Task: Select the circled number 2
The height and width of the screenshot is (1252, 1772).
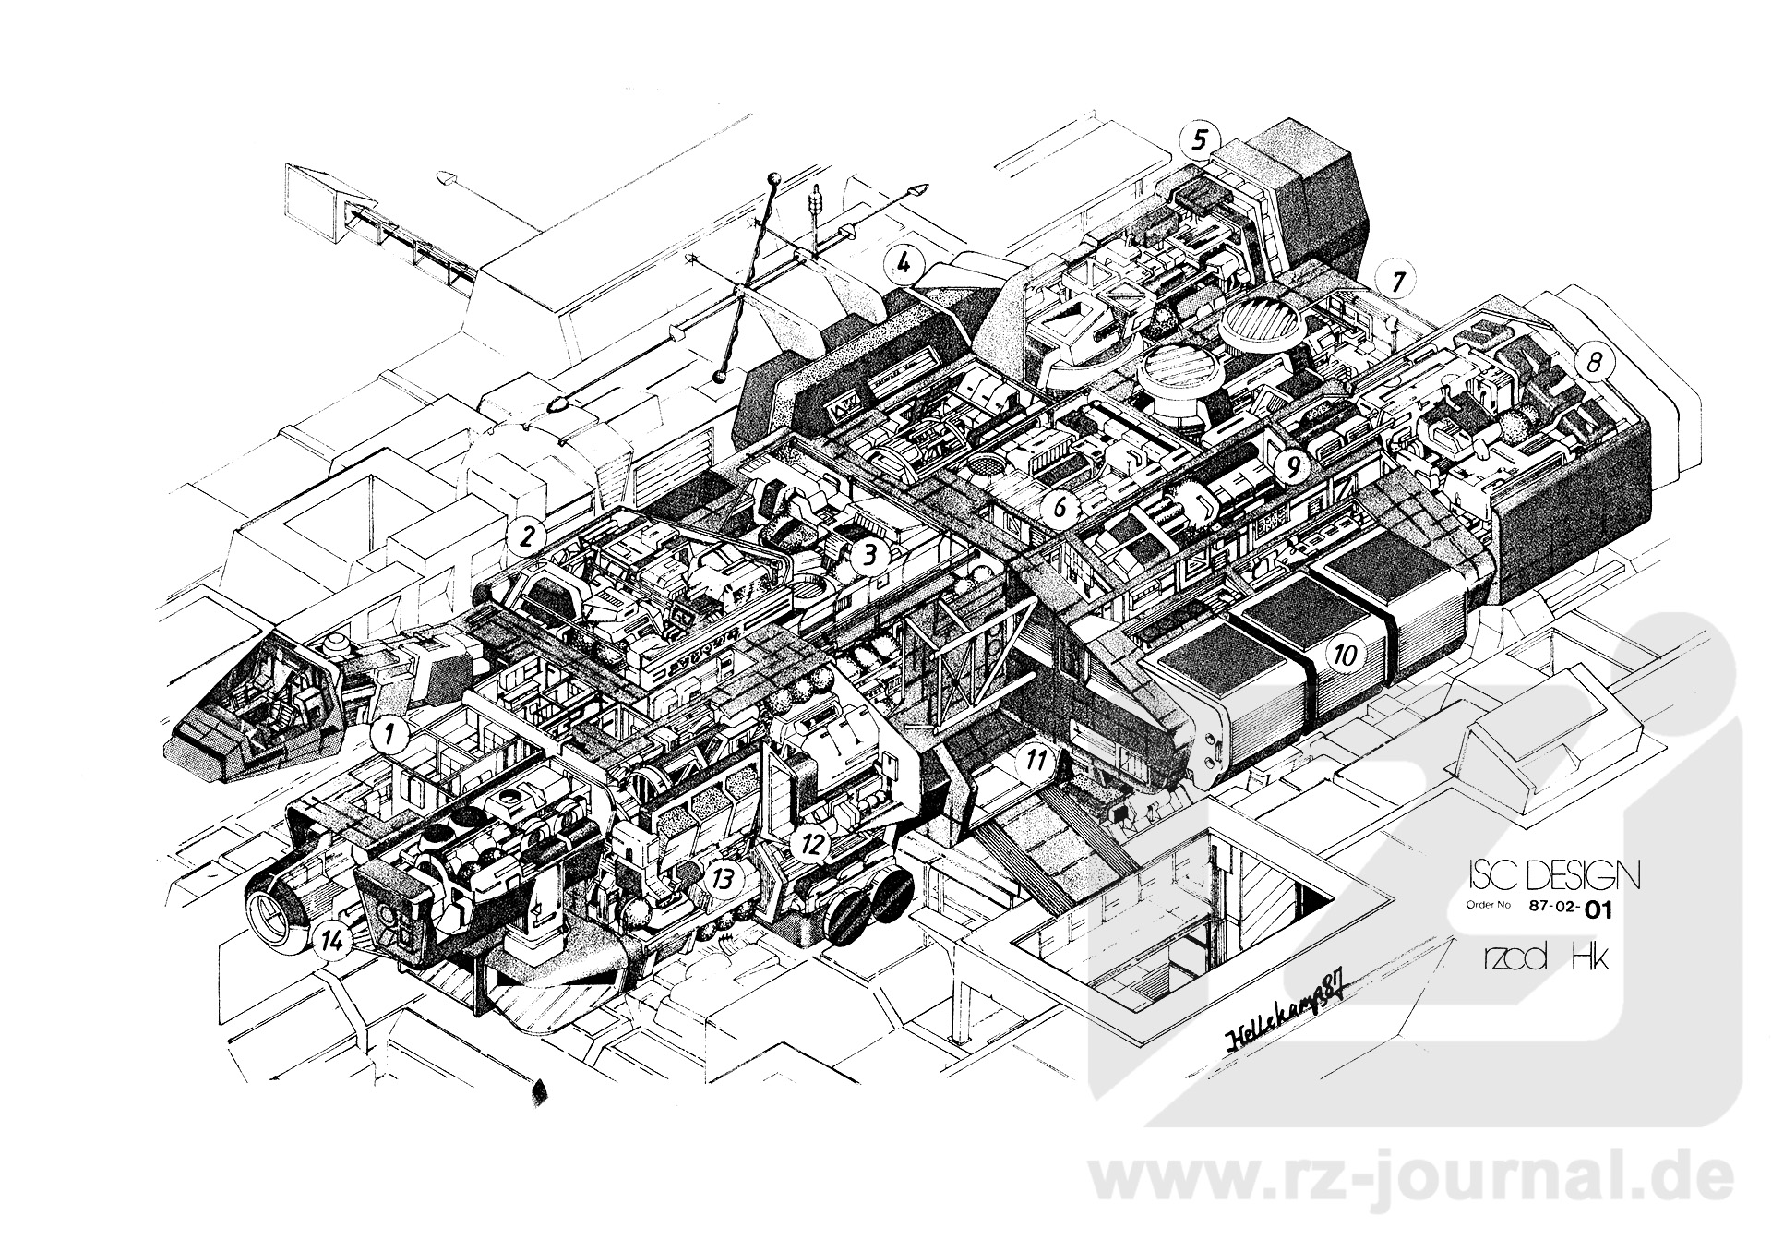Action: click(x=525, y=536)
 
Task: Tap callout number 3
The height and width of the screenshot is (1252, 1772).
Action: click(x=868, y=555)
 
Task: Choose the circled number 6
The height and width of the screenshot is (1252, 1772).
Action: click(x=1060, y=507)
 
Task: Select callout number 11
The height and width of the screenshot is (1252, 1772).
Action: click(x=1036, y=761)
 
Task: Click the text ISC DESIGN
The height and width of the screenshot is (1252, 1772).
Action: click(x=1552, y=873)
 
